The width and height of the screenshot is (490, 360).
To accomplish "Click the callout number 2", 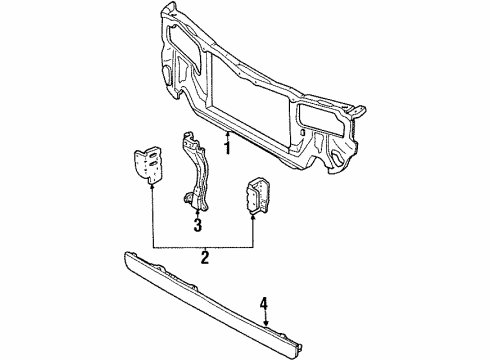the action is click(204, 259).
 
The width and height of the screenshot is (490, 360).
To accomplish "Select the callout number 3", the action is click(197, 225).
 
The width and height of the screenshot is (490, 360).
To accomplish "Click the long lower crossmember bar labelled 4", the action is click(200, 290).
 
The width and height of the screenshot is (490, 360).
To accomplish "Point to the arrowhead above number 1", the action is click(228, 133).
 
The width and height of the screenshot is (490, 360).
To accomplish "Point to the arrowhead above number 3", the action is click(197, 213).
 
